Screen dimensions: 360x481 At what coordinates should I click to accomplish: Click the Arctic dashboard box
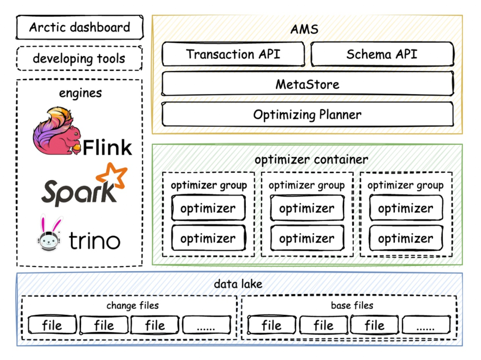(x=80, y=28)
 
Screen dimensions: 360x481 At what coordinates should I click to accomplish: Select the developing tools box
(x=79, y=58)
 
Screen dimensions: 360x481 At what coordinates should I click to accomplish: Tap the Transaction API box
(x=233, y=54)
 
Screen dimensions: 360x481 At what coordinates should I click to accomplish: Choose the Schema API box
(x=382, y=54)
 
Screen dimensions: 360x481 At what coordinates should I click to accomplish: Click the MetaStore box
(x=307, y=84)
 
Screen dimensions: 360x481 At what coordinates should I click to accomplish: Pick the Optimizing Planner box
(x=307, y=115)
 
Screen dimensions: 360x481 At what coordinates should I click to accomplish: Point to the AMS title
(x=305, y=29)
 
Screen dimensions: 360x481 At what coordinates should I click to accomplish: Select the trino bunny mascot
(x=49, y=234)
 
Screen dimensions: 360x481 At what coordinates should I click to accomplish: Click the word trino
(x=94, y=241)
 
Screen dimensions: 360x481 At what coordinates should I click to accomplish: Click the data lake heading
(x=238, y=284)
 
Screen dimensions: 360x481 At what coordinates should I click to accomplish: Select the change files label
(x=132, y=306)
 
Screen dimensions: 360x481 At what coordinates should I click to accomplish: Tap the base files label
(x=352, y=306)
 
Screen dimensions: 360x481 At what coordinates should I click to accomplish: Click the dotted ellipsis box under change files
(x=206, y=326)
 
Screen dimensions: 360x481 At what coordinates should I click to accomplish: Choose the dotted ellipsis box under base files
(x=425, y=326)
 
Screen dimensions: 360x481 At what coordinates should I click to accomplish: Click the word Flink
(x=107, y=147)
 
